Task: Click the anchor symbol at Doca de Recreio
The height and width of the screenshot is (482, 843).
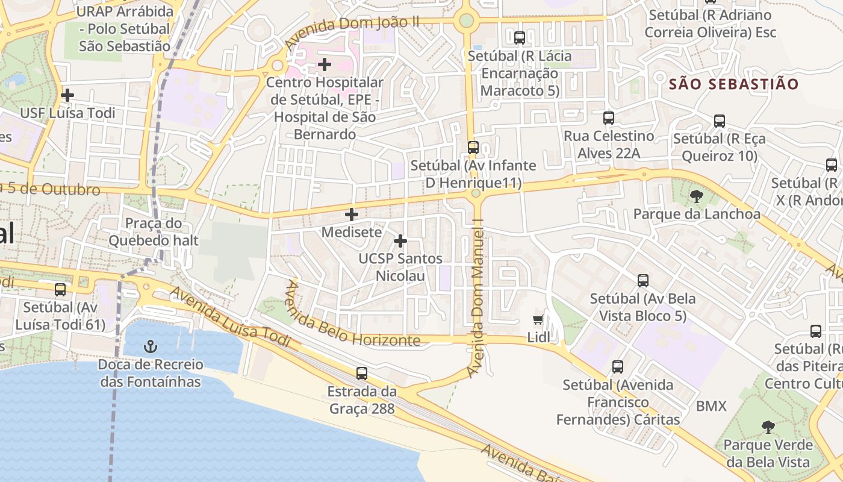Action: [151, 346]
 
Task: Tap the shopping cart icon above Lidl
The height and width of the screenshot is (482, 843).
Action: [538, 319]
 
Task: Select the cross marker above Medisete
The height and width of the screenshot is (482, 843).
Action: [352, 214]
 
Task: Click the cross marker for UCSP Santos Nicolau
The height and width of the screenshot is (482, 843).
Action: [400, 241]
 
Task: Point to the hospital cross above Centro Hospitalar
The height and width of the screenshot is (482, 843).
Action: [325, 64]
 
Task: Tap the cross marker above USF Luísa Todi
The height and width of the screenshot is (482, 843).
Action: [67, 95]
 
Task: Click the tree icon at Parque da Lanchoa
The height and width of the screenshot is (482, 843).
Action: [697, 196]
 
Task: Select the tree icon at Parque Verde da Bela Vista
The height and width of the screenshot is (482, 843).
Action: [768, 427]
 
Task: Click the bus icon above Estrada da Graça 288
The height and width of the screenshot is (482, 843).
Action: [361, 374]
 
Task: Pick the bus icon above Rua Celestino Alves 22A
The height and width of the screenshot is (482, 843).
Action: [609, 118]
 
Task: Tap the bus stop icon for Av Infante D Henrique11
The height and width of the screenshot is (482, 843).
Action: [473, 147]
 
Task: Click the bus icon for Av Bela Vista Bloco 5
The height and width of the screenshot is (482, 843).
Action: [643, 280]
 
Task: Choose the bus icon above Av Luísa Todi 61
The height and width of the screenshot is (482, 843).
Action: [60, 290]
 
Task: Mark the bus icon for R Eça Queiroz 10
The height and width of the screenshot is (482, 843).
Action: [720, 120]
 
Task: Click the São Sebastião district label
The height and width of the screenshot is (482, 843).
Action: [733, 84]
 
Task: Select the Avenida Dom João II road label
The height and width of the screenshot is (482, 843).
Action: [352, 33]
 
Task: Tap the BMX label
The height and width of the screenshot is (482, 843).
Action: [712, 406]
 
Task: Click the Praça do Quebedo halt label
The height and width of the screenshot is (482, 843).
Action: [154, 232]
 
